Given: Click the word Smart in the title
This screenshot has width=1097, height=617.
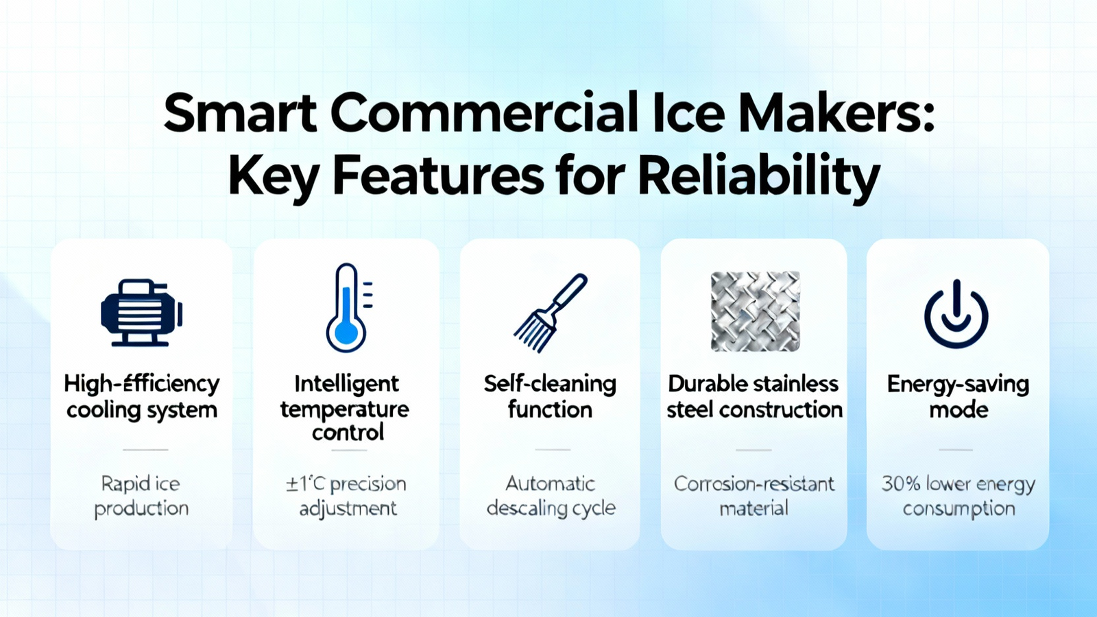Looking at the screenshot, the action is pos(240,113).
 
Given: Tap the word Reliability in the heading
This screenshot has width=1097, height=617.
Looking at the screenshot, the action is pos(759,178).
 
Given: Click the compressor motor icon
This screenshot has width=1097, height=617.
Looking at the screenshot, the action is pos(141,313).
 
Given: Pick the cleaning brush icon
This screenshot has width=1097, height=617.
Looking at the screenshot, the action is pos(550,313).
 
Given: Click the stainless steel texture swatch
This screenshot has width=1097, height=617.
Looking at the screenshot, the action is pos(755,311).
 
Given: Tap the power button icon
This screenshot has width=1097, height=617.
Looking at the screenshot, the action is pos(956,314).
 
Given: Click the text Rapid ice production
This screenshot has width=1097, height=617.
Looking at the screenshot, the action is pos(141,496).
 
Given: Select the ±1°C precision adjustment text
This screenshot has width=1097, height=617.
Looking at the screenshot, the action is pos(347,496).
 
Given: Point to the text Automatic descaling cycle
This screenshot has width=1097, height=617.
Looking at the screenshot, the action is pos(551,496).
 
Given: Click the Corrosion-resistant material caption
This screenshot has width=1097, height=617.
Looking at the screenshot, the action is pos(754,496).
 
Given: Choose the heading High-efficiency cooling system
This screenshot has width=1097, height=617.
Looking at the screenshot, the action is pos(141,397).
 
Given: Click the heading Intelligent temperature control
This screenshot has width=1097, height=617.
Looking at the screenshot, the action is pos(346,408).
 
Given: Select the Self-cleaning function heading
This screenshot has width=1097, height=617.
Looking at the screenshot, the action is pos(550,397).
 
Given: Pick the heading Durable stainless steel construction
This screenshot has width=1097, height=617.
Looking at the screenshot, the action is pos(754,397).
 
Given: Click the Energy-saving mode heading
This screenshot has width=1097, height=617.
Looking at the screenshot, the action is pos(958,397).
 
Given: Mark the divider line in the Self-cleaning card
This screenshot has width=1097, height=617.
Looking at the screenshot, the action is pos(553,450).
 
